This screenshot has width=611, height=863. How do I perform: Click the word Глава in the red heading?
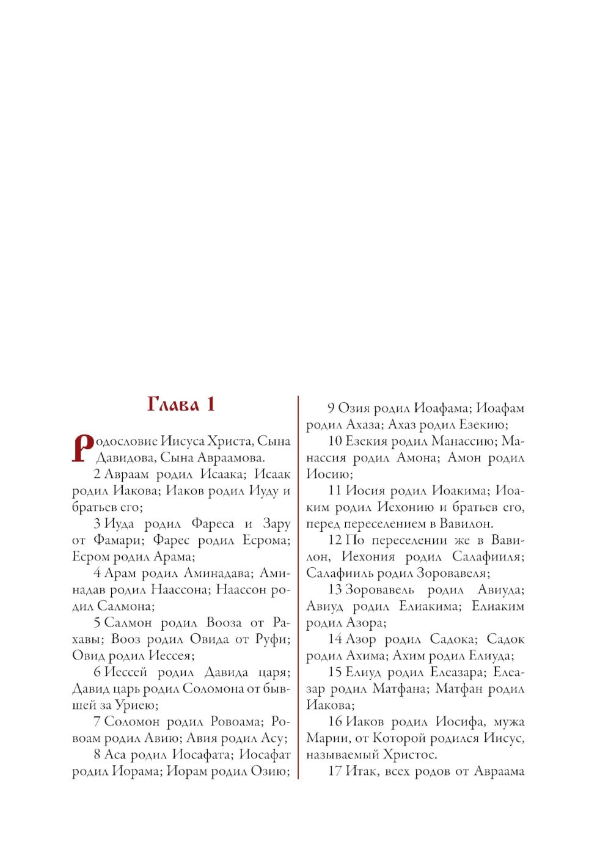click(x=173, y=404)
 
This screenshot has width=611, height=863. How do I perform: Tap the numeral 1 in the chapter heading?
click(x=210, y=404)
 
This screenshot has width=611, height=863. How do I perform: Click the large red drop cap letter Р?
click(x=82, y=448)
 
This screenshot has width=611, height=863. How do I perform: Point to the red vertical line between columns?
click(x=298, y=587)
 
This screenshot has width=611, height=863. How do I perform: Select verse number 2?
click(x=97, y=474)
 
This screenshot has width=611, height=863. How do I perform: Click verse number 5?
click(x=97, y=623)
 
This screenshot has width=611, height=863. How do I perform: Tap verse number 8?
click(x=97, y=755)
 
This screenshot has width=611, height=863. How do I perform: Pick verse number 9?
click(x=331, y=408)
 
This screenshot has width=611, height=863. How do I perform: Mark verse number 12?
click(x=335, y=540)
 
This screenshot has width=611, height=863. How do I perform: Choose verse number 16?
click(x=335, y=722)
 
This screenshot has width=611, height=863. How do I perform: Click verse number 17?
click(x=335, y=771)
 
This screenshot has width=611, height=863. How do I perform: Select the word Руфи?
click(x=272, y=639)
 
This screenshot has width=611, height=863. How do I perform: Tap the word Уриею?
click(x=136, y=705)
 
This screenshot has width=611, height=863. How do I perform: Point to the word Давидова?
click(x=125, y=458)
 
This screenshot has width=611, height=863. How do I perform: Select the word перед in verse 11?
click(x=323, y=524)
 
